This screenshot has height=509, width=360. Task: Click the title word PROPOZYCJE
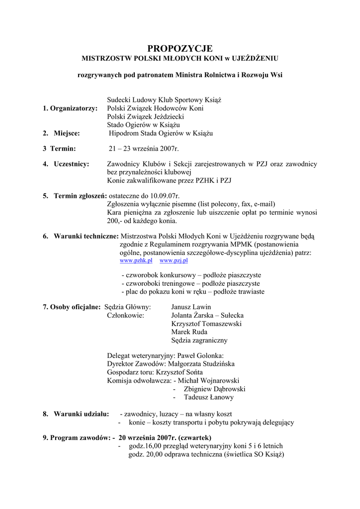pyautogui.click(x=180, y=48)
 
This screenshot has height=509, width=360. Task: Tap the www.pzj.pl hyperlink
pyautogui.click(x=174, y=260)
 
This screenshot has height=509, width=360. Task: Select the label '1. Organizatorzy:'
pyautogui.click(x=70, y=108)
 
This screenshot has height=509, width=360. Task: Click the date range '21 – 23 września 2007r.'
pyautogui.click(x=144, y=149)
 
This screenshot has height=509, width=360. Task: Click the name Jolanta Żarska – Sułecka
pyautogui.click(x=207, y=315)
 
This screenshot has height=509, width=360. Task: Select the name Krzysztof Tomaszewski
pyautogui.click(x=206, y=324)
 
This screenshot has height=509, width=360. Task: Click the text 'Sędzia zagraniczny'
pyautogui.click(x=199, y=340)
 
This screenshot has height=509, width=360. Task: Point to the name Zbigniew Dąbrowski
pyautogui.click(x=214, y=389)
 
